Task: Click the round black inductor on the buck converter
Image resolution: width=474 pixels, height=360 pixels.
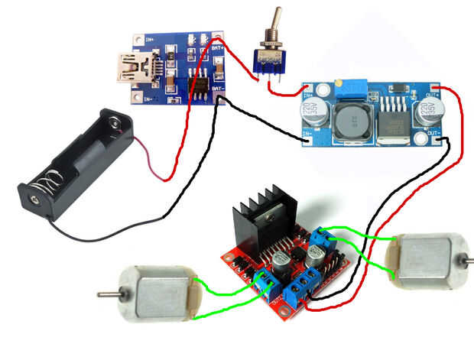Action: (x=354, y=122)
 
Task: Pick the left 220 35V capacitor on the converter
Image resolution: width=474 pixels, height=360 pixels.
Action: (x=320, y=113)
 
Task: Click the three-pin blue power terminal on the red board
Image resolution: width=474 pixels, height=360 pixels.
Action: (x=300, y=287)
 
